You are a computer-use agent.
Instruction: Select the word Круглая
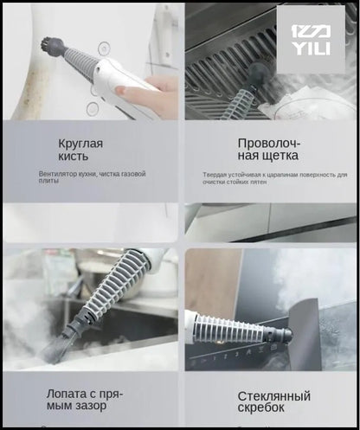coord(80,143)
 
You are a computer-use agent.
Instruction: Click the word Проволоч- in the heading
coord(268,143)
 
